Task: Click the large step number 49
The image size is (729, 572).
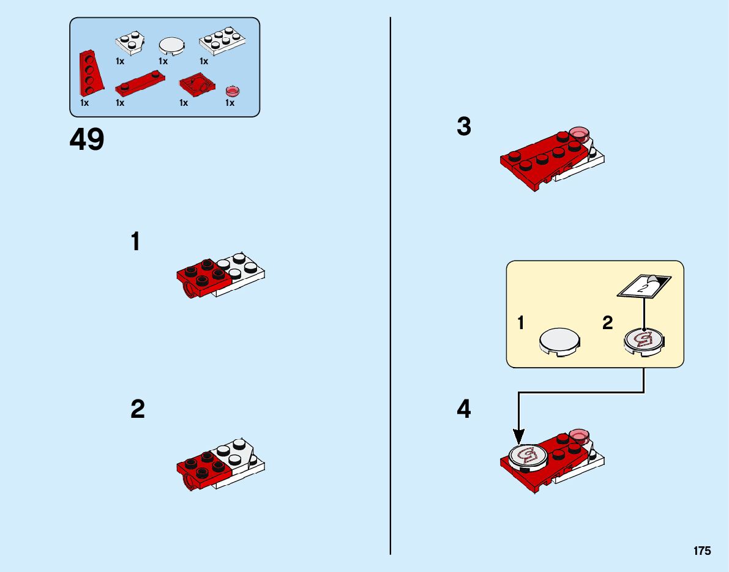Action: (x=87, y=140)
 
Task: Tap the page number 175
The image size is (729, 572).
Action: (x=702, y=551)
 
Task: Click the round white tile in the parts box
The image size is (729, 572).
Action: (x=171, y=46)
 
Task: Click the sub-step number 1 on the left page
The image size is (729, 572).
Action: (x=135, y=242)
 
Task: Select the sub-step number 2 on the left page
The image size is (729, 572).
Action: (x=138, y=409)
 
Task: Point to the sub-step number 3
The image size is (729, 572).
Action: (x=464, y=127)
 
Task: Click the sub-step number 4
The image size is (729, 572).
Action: (x=464, y=409)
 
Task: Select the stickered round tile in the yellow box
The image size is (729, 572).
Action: (x=644, y=340)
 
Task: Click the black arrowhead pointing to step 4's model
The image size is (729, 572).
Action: (x=518, y=436)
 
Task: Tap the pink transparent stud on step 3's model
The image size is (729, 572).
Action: (x=578, y=133)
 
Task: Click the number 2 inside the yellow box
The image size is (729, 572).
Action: (x=607, y=323)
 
